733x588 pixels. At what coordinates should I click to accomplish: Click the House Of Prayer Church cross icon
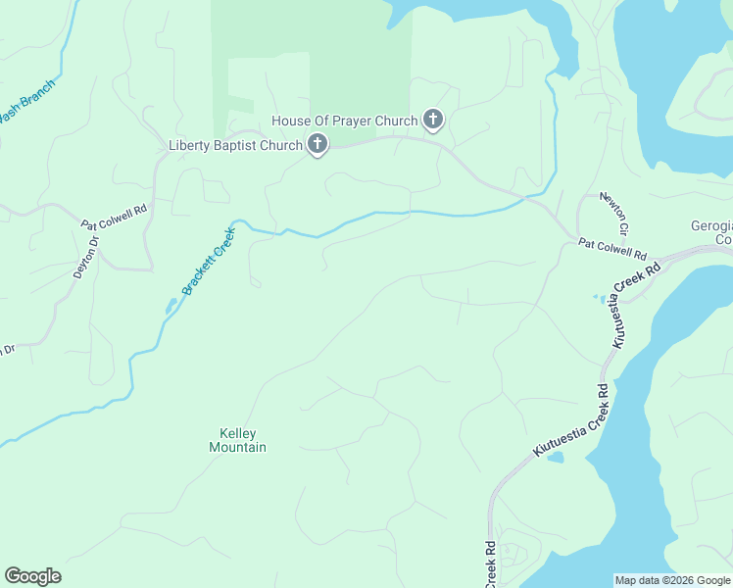pyautogui.click(x=432, y=121)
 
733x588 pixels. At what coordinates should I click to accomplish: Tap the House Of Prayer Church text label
pyautogui.click(x=344, y=121)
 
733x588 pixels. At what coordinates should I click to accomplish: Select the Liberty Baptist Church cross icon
pyautogui.click(x=317, y=145)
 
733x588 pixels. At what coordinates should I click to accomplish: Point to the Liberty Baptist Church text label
pyautogui.click(x=235, y=146)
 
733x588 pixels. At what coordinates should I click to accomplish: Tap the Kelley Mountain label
pyautogui.click(x=237, y=440)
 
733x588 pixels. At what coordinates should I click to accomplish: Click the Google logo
pyautogui.click(x=32, y=576)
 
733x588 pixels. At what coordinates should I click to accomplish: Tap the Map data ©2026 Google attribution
pyautogui.click(x=672, y=580)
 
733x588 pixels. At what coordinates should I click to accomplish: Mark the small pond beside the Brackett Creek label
pyautogui.click(x=171, y=308)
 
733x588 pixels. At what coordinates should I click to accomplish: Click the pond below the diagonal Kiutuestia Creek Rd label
pyautogui.click(x=554, y=457)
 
